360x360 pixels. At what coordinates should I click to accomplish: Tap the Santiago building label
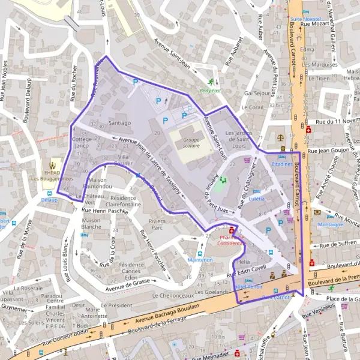click(120, 122)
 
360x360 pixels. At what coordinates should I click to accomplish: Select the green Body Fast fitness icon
click(211, 83)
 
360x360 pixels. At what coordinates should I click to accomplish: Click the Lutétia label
click(257, 198)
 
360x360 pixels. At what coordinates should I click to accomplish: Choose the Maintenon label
click(200, 260)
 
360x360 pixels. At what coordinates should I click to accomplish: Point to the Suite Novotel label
click(303, 19)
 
